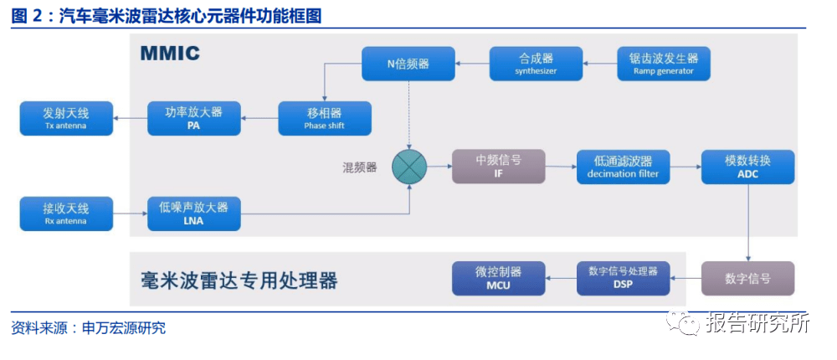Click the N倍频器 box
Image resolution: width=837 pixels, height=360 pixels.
click(x=408, y=64)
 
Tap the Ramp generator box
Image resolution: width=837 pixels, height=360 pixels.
click(x=664, y=64)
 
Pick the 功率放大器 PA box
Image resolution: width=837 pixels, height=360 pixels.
click(x=194, y=118)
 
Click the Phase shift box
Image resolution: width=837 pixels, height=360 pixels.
click(x=325, y=118)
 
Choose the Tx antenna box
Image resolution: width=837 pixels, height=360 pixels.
click(x=65, y=118)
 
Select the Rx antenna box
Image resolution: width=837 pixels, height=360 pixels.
click(x=65, y=214)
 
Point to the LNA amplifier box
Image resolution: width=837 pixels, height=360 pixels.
click(x=194, y=214)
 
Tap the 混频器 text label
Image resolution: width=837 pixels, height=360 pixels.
click(x=360, y=167)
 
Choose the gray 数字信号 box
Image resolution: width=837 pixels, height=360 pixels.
click(x=747, y=278)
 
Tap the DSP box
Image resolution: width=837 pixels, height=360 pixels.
click(x=624, y=278)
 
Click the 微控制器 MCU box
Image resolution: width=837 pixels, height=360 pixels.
click(x=498, y=278)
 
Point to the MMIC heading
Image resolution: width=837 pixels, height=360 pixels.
click(x=170, y=54)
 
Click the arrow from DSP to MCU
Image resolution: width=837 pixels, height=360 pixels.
click(x=561, y=278)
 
